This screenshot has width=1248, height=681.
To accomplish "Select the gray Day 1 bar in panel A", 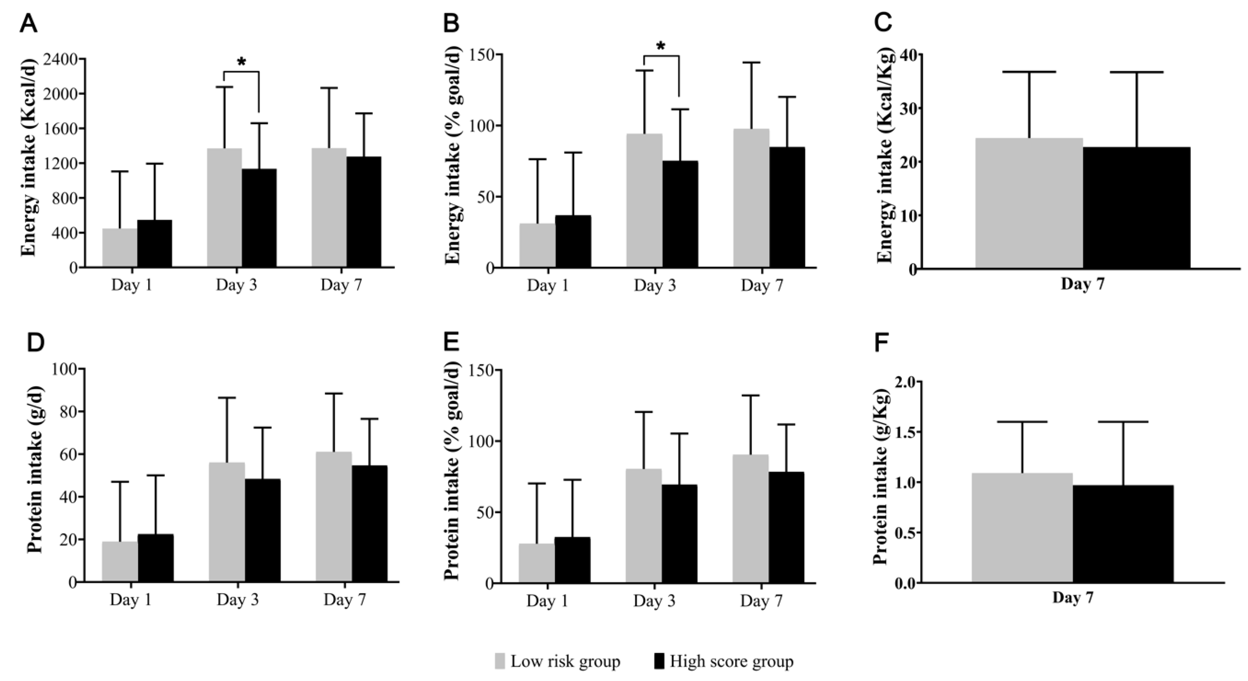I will click(x=120, y=247).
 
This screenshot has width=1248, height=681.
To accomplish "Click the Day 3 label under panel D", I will click(x=237, y=600).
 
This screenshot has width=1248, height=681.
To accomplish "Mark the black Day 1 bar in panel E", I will click(x=572, y=559).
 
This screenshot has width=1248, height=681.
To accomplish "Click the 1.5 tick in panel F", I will click(x=898, y=433).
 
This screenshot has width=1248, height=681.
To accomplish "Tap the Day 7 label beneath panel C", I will click(x=1083, y=284).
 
